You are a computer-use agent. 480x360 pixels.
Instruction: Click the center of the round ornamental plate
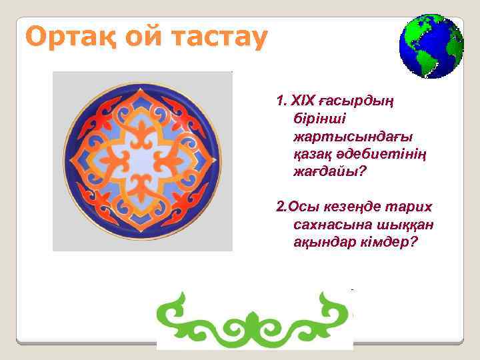tap(142, 161)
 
